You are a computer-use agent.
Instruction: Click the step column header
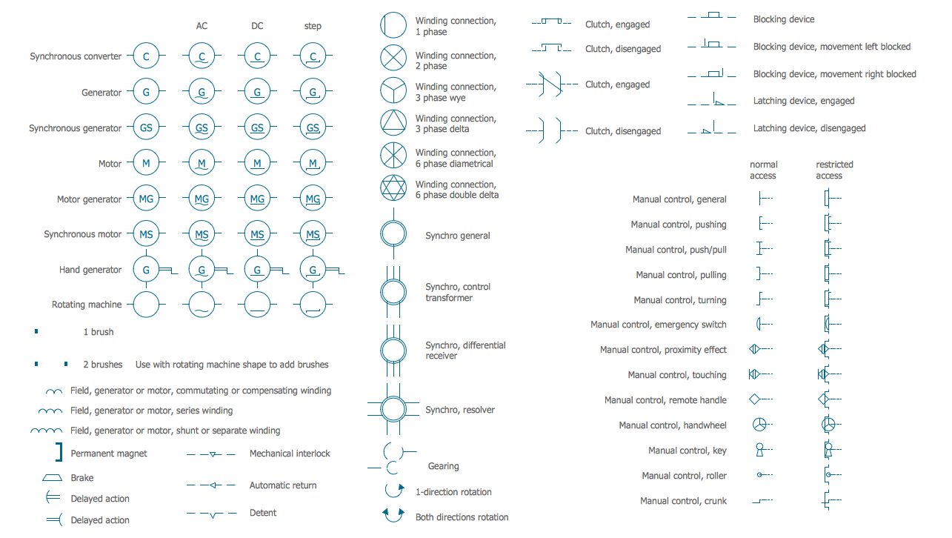click(313, 26)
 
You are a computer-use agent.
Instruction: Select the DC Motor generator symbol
click(257, 199)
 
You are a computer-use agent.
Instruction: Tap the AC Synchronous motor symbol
click(202, 234)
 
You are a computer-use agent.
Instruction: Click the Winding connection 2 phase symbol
click(393, 57)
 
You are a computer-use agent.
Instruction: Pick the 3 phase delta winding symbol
click(393, 122)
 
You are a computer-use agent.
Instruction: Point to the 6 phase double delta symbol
click(393, 187)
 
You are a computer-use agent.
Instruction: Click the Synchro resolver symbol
click(393, 409)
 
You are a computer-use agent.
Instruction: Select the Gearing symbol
click(392, 459)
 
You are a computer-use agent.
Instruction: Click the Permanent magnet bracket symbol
click(58, 452)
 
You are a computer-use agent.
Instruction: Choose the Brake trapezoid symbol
click(52, 478)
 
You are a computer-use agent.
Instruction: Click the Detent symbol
click(211, 514)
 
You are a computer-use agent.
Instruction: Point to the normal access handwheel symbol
click(759, 425)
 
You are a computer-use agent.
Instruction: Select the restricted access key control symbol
click(828, 450)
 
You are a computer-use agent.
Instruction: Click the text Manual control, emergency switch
click(658, 325)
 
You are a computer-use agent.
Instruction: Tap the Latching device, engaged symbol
click(712, 100)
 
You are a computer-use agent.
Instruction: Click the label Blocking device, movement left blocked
click(831, 47)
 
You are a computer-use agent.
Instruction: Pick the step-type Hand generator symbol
click(313, 270)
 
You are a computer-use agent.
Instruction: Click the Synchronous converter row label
click(76, 56)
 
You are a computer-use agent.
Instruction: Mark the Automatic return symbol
click(211, 485)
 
